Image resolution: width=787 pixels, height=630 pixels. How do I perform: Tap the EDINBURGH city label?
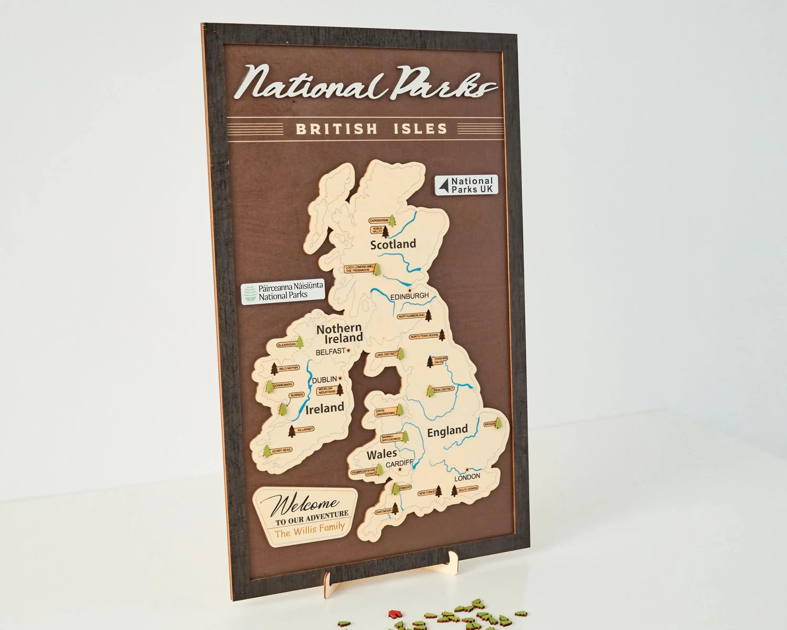point(409,296)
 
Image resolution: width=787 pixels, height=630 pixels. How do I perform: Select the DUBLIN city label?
point(324,380)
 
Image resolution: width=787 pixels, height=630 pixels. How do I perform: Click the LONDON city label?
point(467,477)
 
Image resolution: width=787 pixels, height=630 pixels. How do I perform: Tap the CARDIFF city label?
point(399,464)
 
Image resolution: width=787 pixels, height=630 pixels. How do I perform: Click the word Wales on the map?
point(381,454)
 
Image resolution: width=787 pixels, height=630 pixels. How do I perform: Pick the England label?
point(447,431)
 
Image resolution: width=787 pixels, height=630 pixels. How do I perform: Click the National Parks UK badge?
point(466,185)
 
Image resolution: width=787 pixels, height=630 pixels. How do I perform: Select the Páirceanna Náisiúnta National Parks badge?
point(283,291)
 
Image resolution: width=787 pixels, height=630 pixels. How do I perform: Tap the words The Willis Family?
point(310,529)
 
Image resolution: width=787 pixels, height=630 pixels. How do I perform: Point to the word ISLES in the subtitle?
point(420,129)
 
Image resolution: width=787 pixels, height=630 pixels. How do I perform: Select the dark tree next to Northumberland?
point(429,315)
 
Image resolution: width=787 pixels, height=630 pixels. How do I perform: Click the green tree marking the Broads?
point(498,423)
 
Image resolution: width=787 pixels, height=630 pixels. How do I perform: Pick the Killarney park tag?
point(305,429)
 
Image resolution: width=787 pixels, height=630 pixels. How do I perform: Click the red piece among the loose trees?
point(393,613)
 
